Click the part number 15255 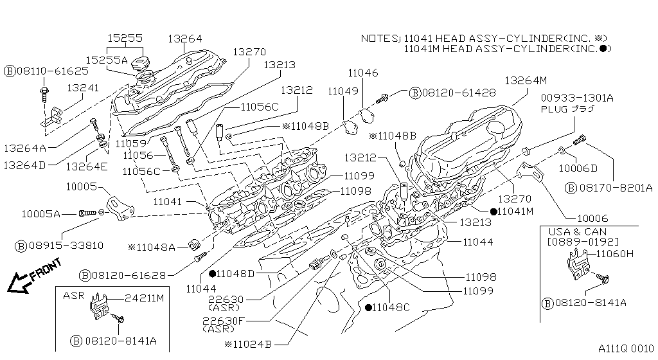coord(125,39)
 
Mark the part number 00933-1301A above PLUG coord(576,98)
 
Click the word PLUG coord(553,109)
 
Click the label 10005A coord(40,213)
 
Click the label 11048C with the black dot coord(391,307)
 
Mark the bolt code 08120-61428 coord(458,93)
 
